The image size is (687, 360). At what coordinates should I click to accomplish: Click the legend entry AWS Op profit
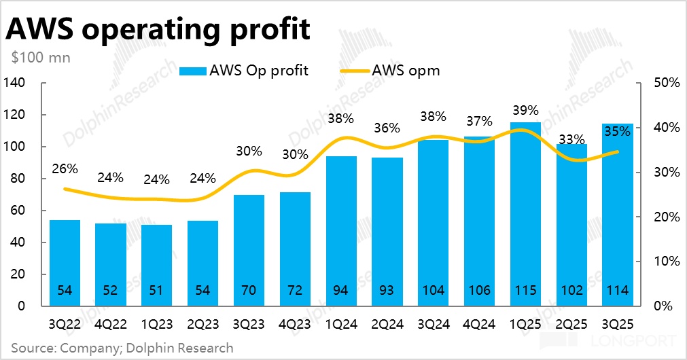[244, 70]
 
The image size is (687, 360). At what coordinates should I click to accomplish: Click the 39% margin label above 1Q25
[525, 111]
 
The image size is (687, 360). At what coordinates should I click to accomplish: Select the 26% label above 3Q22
[65, 168]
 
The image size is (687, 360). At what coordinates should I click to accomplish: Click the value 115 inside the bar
[525, 291]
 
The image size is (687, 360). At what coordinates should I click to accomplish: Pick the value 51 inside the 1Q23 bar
[157, 291]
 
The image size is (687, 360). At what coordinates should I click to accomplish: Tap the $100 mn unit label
[41, 57]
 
